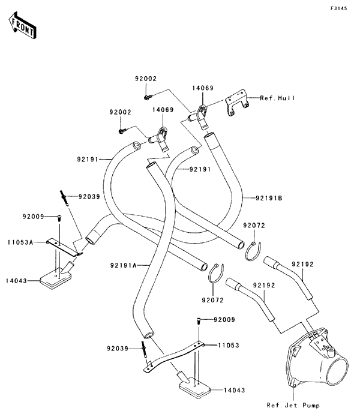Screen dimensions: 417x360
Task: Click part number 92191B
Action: click(269, 197)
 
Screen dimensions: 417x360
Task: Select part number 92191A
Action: click(124, 265)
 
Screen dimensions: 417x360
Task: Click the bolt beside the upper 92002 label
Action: click(147, 96)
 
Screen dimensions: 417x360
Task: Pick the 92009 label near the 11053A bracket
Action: click(35, 216)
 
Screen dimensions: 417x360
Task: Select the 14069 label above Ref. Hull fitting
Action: click(203, 88)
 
